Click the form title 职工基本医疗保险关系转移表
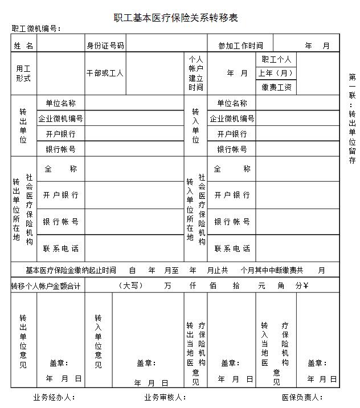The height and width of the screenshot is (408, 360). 175,18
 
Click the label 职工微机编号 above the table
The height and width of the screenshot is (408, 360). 36,28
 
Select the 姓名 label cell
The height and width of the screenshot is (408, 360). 23,46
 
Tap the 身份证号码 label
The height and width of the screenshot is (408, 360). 105,46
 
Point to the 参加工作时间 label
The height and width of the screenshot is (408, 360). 240,46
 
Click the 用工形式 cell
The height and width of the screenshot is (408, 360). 23,73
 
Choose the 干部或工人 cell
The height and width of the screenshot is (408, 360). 105,74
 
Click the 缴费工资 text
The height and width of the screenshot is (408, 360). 277,87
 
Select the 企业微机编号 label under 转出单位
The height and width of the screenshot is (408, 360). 60,119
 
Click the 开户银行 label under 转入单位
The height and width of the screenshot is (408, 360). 232,134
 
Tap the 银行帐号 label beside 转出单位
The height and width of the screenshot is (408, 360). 60,149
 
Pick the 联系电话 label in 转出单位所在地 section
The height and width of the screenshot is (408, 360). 60,248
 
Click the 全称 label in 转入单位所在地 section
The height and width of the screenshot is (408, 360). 232,169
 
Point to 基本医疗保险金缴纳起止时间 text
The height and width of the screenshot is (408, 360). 71,270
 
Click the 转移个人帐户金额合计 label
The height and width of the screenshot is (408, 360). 47,285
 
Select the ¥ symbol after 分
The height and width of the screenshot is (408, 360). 306,285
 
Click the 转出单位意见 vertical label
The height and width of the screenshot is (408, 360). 23,341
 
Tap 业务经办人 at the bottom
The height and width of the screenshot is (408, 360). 54,397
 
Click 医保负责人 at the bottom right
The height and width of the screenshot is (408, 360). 302,397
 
